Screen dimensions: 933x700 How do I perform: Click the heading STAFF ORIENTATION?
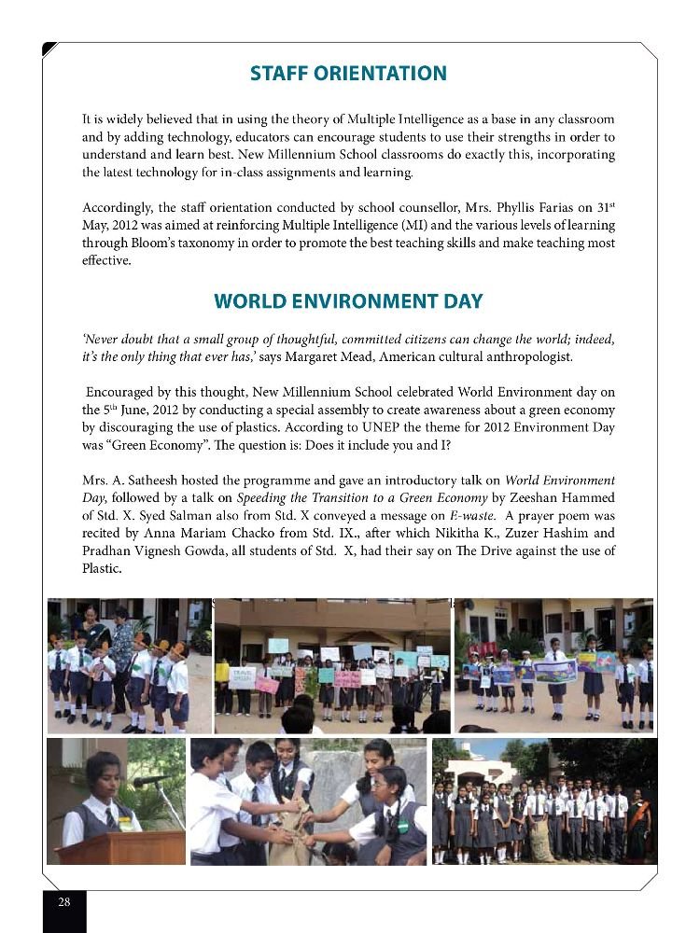(348, 74)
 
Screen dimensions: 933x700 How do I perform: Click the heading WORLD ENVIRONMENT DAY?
(348, 301)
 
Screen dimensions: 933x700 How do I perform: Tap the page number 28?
(64, 902)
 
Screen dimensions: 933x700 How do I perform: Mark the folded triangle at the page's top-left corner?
(49, 49)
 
